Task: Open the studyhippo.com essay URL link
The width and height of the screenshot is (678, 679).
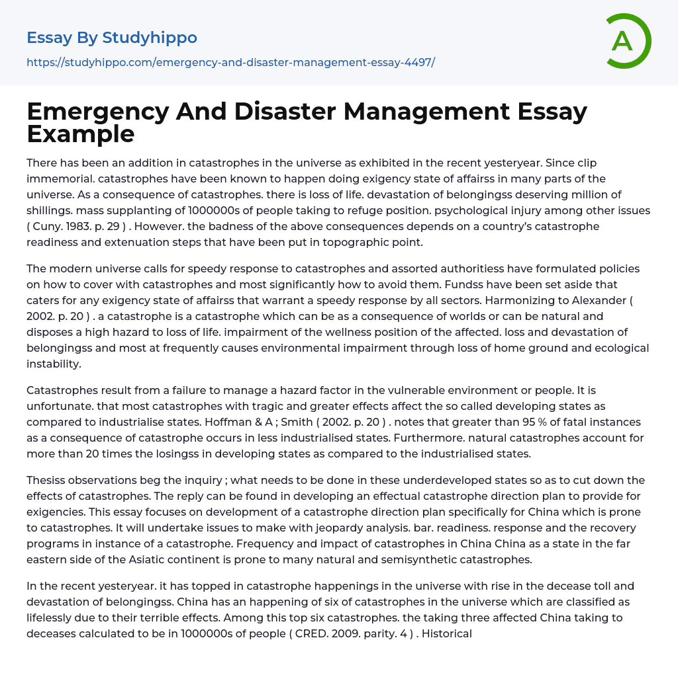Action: click(230, 62)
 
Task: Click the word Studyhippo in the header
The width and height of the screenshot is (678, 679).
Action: click(150, 38)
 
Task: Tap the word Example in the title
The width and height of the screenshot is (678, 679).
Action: click(81, 134)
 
